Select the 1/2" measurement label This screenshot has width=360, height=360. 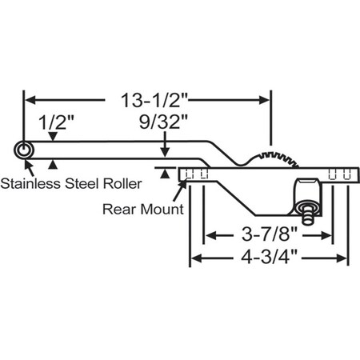click(54, 123)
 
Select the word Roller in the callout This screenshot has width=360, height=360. click(122, 183)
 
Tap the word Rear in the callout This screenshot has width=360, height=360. click(119, 210)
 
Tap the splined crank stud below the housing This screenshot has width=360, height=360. click(308, 214)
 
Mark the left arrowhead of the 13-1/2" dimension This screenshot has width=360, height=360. click(30, 101)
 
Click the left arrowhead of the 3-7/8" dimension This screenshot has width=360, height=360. click(210, 236)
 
